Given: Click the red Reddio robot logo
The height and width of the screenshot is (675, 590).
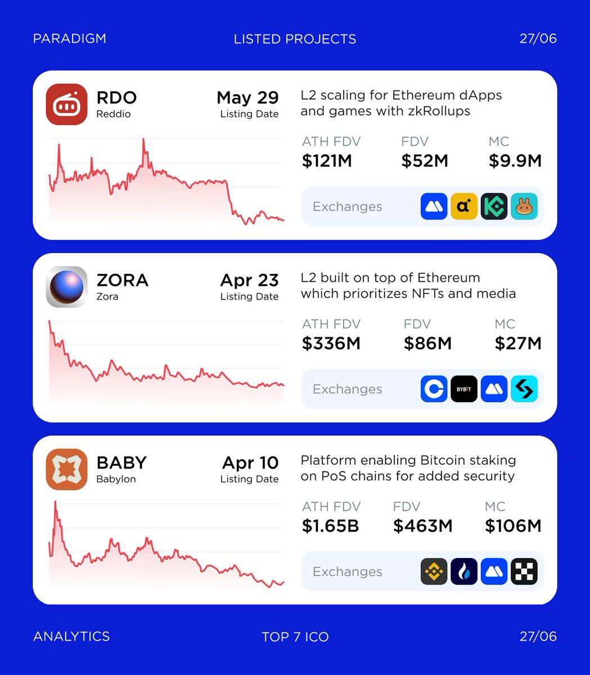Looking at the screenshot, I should tap(66, 105).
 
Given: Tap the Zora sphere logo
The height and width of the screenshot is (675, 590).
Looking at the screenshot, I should tap(66, 287).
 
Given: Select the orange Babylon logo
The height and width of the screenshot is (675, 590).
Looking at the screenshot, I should tap(66, 469).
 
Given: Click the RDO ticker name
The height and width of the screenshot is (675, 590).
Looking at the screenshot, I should tap(116, 98).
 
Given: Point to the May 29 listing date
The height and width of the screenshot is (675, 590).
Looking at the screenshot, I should tap(247, 98).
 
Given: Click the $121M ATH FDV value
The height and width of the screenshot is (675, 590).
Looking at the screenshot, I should tap(327, 161).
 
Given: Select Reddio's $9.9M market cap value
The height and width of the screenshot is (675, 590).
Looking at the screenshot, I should tap(515, 161).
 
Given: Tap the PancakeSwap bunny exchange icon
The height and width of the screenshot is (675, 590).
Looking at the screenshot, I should tap(524, 206).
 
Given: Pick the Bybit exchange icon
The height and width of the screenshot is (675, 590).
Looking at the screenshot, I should tap(464, 389).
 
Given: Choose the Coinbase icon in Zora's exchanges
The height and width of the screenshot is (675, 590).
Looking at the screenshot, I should tap(434, 389).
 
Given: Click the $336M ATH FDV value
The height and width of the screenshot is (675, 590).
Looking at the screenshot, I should tap(331, 344).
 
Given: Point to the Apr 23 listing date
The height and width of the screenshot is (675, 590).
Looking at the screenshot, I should tap(249, 280).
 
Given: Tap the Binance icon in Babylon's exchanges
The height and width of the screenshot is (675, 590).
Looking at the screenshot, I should tap(434, 571).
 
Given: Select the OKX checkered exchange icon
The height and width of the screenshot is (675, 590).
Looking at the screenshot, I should tap(524, 571).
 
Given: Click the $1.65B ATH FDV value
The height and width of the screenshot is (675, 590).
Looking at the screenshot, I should tap(330, 526).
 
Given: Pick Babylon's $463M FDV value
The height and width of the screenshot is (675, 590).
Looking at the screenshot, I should tap(422, 526).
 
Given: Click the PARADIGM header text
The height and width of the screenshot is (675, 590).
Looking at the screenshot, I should tap(70, 39).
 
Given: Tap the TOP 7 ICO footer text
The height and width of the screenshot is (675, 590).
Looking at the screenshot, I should tap(295, 637).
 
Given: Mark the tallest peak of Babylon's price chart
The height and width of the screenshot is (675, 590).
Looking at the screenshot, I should tap(55, 502).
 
